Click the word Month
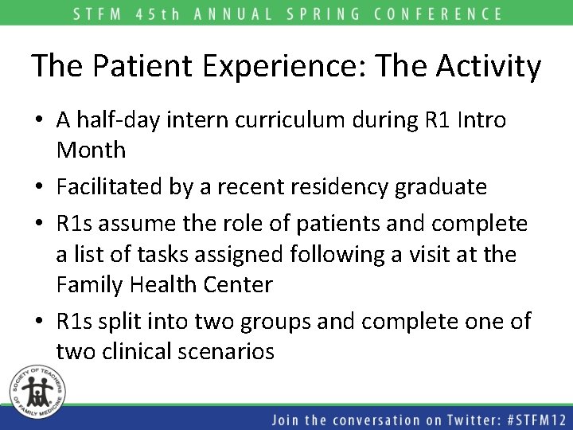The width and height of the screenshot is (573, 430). [x=91, y=149]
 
